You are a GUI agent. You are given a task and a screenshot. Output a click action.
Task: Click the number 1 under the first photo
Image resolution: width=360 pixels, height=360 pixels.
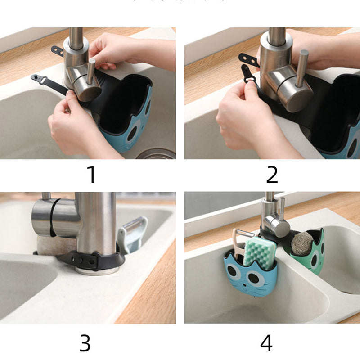(92, 175)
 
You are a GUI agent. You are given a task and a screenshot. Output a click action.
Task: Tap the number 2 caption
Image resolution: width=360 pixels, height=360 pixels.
(272, 175)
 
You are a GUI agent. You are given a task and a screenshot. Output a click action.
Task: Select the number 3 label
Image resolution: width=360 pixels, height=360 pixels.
(85, 343)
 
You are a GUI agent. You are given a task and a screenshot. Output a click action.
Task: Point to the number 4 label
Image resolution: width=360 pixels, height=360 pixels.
(266, 343)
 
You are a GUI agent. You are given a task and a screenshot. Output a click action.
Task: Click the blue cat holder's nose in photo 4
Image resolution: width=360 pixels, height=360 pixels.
(249, 284)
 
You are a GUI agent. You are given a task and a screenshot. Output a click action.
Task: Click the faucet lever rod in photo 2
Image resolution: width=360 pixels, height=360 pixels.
(302, 67)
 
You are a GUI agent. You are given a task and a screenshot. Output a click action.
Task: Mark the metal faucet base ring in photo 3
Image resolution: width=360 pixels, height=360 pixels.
(97, 270)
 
